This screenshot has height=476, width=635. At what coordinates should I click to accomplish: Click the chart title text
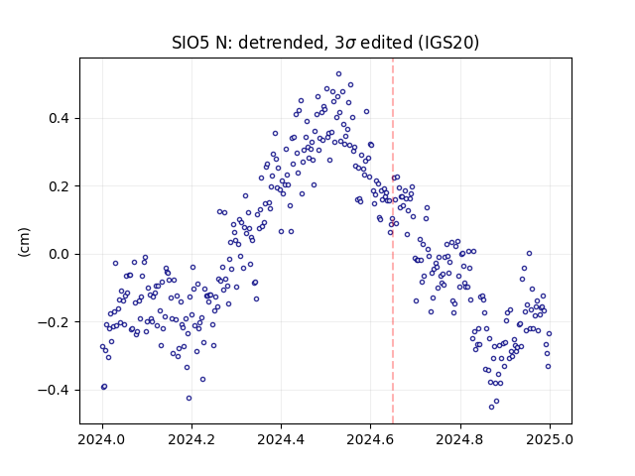[x=325, y=43]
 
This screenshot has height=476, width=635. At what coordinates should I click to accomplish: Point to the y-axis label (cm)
[x=24, y=242]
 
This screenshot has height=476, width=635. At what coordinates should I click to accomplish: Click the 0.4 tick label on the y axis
[x=60, y=119]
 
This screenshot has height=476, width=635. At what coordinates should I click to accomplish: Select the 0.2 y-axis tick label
[x=60, y=186]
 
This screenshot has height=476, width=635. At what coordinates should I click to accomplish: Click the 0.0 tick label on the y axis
[x=60, y=254]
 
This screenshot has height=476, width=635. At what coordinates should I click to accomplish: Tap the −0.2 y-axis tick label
[x=55, y=322]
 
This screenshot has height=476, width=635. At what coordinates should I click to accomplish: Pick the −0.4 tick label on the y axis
[x=55, y=390]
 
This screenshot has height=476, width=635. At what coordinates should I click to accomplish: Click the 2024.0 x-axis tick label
[x=102, y=439]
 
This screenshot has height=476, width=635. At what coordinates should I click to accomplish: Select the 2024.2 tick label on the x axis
[x=191, y=439]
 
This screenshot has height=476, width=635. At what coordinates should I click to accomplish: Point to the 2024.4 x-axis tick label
[x=281, y=439]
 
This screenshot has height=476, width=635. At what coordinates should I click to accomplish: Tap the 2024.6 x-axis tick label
[x=370, y=439]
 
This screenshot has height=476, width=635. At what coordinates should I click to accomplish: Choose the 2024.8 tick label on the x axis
[x=460, y=439]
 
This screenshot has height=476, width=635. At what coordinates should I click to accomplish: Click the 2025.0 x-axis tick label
[x=550, y=439]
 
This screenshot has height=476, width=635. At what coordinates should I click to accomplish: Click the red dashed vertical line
[x=393, y=241]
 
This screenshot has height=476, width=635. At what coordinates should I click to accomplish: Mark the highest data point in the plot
[x=339, y=74]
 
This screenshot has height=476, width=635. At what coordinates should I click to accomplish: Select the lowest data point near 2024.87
[x=492, y=408]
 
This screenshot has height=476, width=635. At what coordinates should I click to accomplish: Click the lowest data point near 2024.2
[x=189, y=399]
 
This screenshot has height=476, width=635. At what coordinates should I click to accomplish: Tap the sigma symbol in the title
[x=350, y=44]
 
